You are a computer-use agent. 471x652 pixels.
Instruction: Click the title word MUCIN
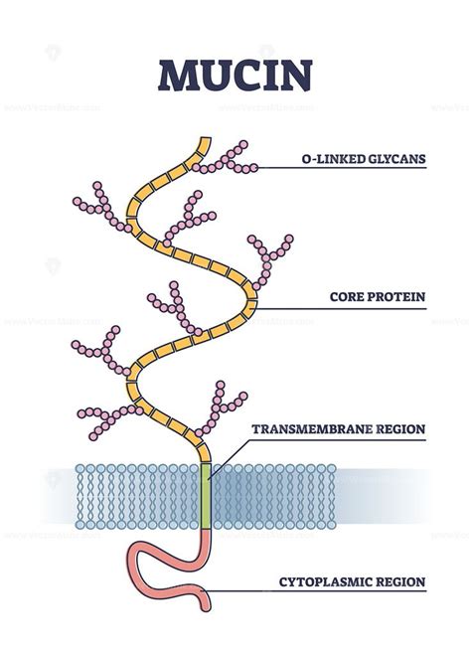click(235, 76)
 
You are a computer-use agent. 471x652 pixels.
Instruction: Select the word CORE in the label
click(346, 297)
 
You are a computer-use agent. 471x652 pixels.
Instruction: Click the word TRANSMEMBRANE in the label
click(312, 428)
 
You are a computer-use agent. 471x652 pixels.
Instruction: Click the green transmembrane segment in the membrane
click(206, 495)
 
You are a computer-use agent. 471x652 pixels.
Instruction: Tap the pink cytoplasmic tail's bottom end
click(206, 607)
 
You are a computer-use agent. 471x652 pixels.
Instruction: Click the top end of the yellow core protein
click(205, 139)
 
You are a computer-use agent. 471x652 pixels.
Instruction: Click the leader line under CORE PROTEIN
click(342, 309)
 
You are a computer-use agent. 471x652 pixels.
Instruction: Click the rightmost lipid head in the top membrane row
click(331, 469)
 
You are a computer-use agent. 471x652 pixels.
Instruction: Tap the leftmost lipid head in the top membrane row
click(80, 469)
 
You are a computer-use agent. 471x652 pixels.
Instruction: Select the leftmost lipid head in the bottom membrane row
click(80, 525)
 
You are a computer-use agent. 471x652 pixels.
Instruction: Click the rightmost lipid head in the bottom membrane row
click(331, 525)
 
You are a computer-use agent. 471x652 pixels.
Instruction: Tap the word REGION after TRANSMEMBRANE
click(400, 428)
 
